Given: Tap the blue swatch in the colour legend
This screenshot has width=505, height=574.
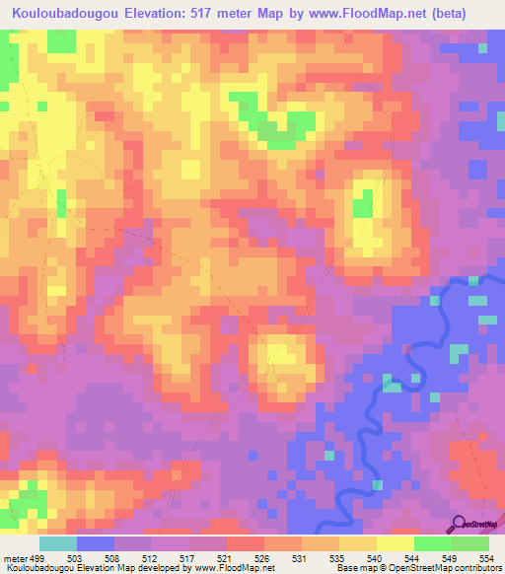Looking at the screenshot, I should coord(96,543).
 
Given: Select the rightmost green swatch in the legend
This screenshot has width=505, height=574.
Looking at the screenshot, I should coord(469,543).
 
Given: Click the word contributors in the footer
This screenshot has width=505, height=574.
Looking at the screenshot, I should coord(474,568).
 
